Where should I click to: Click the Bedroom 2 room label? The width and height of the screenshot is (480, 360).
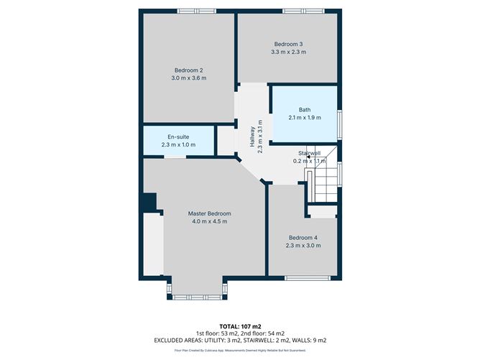point(189,70)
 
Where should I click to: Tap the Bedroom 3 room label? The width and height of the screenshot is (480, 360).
point(288,42)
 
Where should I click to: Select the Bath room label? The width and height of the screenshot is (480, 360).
point(305,109)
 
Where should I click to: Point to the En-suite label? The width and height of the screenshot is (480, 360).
point(178,137)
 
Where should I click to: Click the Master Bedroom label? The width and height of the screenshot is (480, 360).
point(209,213)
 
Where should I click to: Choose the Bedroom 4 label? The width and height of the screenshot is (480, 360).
point(303,238)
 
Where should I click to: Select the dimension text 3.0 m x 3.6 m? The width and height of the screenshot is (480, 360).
point(189,78)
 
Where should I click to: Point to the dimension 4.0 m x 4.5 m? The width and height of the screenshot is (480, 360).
point(209,221)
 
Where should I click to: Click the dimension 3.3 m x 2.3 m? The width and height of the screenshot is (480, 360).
point(288,51)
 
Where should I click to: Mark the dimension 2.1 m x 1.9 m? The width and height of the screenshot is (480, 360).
point(305,117)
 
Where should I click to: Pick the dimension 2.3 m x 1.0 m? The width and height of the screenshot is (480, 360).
point(178,144)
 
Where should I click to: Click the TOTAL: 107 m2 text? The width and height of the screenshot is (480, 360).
point(239,326)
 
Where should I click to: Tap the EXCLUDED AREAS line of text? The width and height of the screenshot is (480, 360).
point(239,339)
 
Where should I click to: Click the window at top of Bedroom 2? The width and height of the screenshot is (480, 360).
point(197,10)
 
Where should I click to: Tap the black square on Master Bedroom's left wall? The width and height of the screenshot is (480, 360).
point(149,203)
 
